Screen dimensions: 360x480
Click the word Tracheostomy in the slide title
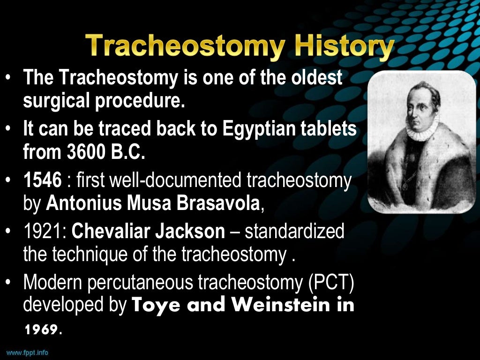[x=184, y=48]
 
